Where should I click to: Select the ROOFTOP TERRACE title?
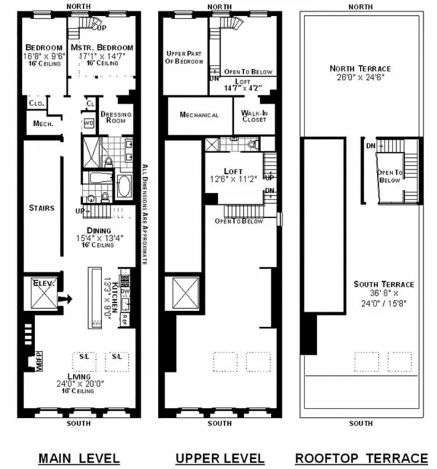pos(360,457)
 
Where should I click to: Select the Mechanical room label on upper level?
pos(199,115)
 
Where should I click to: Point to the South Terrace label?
pos(385,284)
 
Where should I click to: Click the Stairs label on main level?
pos(42,208)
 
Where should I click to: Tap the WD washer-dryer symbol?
pos(89,123)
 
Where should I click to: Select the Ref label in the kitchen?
pos(125,318)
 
